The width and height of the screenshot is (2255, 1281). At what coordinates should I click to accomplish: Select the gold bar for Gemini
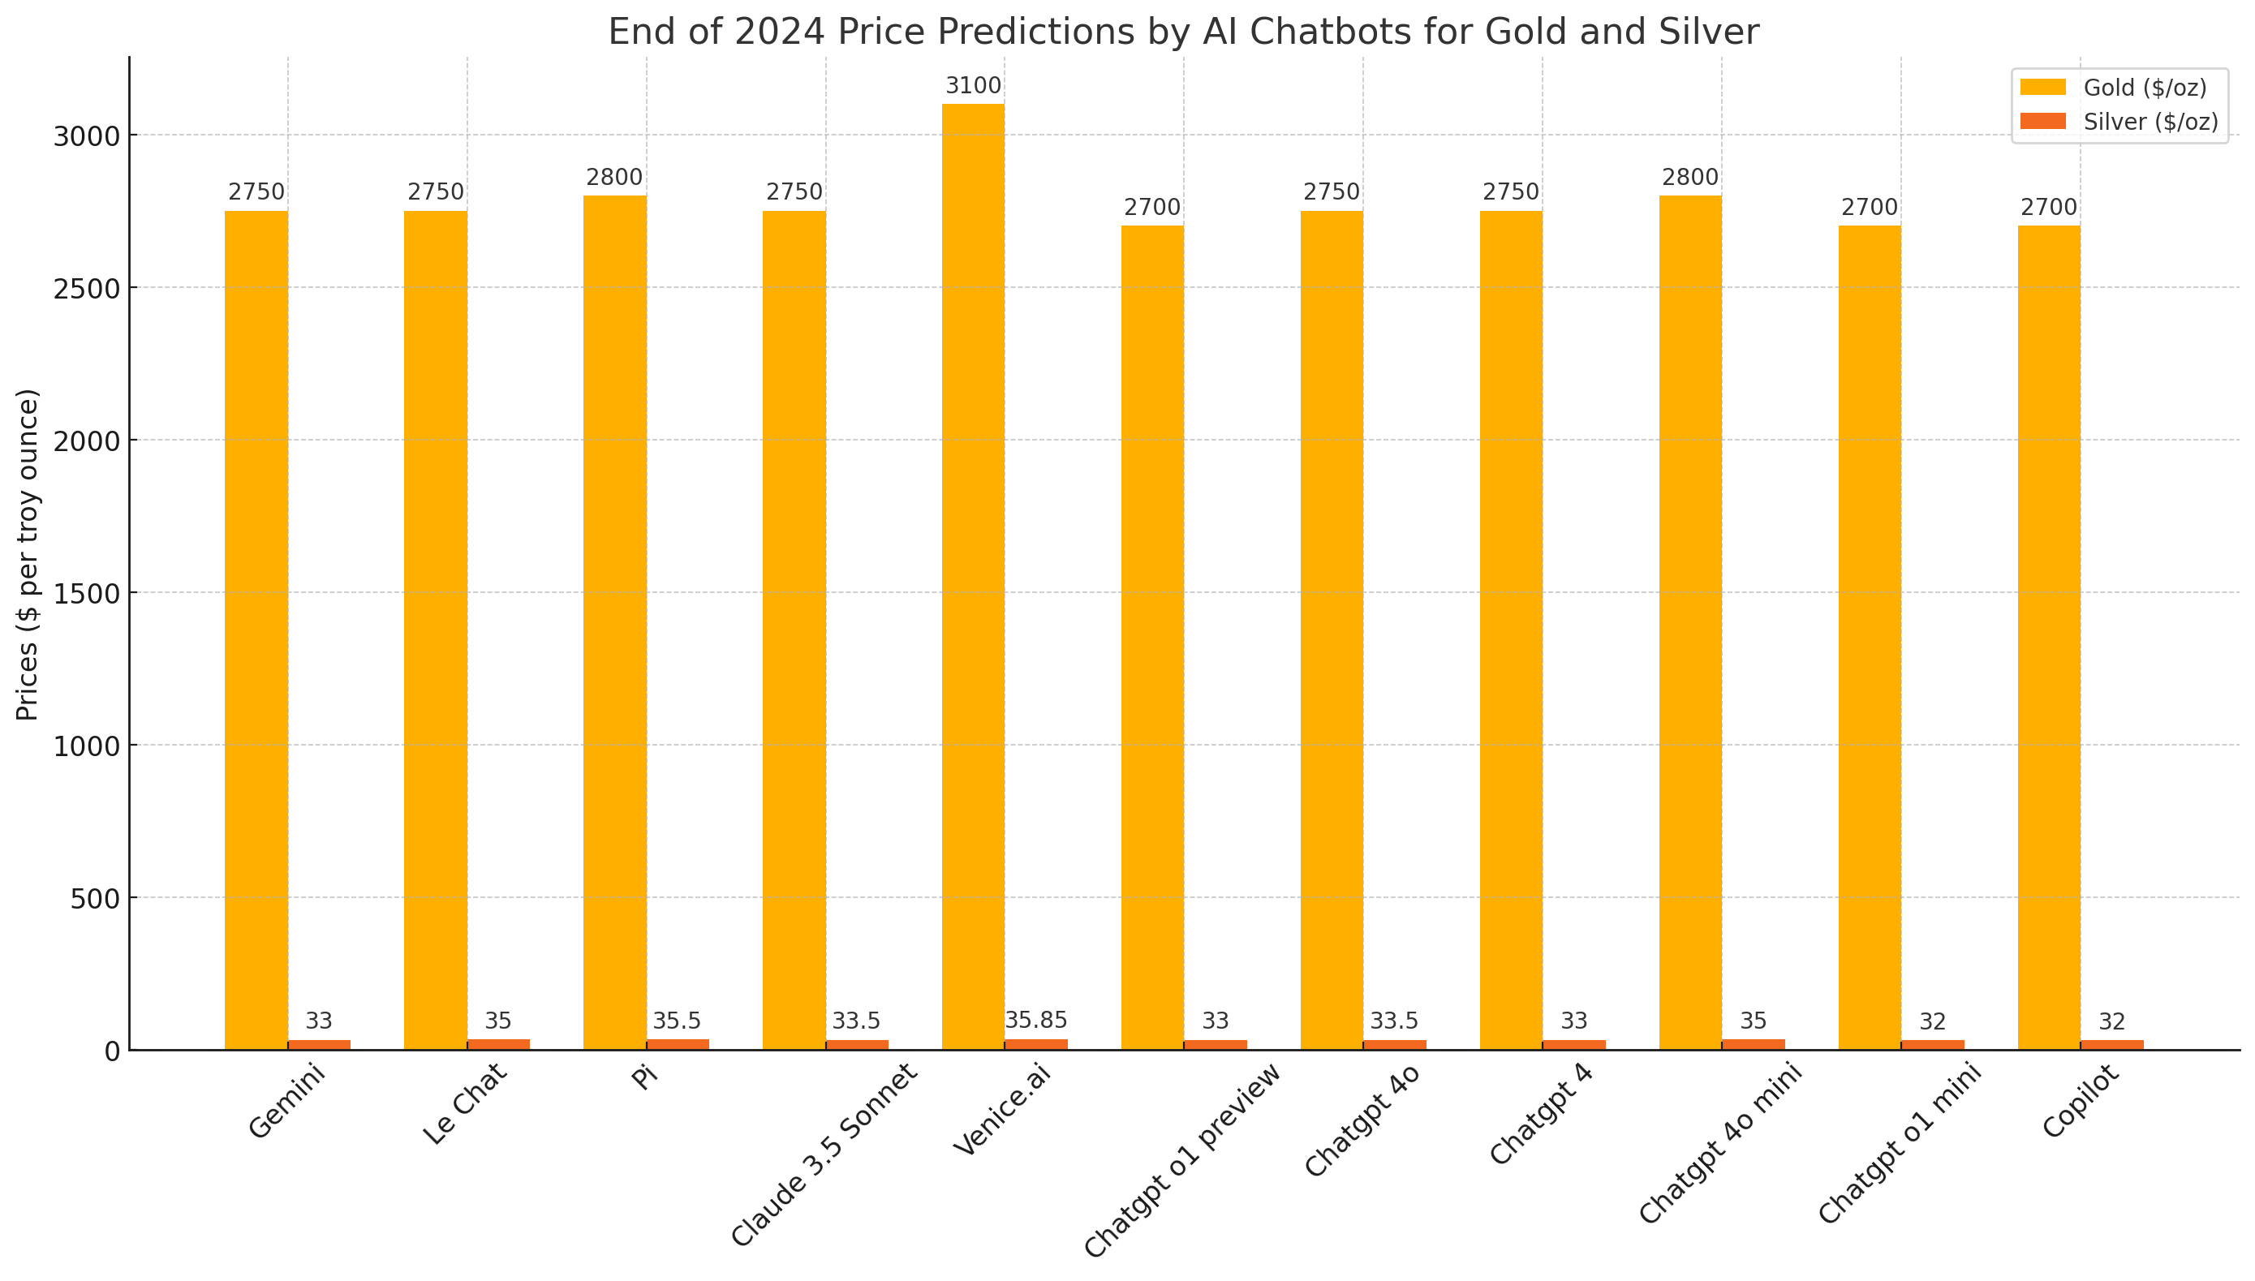pyautogui.click(x=256, y=629)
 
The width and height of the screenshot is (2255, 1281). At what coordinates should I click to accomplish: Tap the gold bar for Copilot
pyautogui.click(x=2048, y=637)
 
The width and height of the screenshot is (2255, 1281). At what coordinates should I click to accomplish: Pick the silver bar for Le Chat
pyautogui.click(x=498, y=1044)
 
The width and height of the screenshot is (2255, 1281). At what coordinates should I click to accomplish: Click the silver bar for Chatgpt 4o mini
pyautogui.click(x=1753, y=1044)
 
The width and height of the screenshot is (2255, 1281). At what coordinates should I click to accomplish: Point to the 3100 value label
pyautogui.click(x=973, y=86)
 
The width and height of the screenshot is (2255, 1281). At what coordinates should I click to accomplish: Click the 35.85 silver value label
pyautogui.click(x=1035, y=1021)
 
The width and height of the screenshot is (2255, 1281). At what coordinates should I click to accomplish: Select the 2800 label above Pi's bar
pyautogui.click(x=614, y=178)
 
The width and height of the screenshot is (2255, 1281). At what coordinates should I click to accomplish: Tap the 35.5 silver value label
pyautogui.click(x=677, y=1021)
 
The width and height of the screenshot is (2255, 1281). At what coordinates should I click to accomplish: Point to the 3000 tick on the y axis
pyautogui.click(x=86, y=136)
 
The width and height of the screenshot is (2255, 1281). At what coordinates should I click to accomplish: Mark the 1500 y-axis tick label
pyautogui.click(x=86, y=594)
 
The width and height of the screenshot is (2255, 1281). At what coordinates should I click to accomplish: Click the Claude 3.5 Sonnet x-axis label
pyautogui.click(x=824, y=1155)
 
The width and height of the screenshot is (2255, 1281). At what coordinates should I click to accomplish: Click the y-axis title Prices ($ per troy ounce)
pyautogui.click(x=28, y=554)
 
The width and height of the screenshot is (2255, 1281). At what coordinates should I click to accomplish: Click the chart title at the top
pyautogui.click(x=1183, y=32)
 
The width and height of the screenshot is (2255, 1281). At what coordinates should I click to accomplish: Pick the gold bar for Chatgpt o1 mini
pyautogui.click(x=1869, y=637)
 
